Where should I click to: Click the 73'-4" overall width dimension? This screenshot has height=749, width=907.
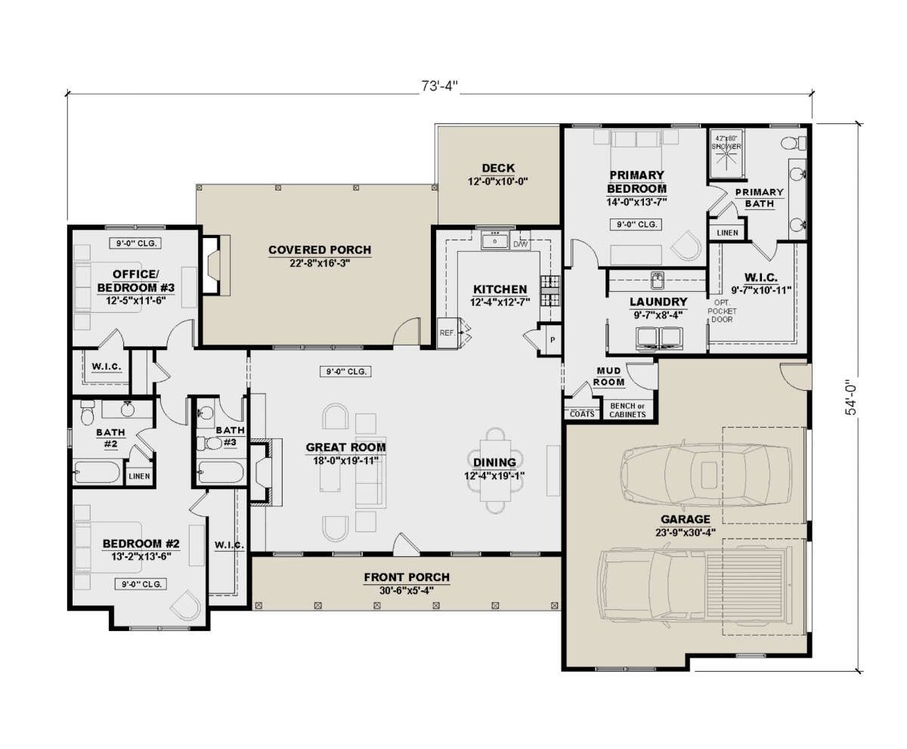click(x=439, y=86)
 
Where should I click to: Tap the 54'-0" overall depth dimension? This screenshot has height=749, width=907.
click(x=850, y=400)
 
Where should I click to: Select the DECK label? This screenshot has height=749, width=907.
click(x=498, y=168)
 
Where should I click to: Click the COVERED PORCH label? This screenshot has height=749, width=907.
click(x=320, y=250)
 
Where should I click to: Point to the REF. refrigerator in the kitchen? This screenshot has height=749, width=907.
click(x=447, y=333)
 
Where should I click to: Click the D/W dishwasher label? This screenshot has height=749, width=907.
click(x=521, y=244)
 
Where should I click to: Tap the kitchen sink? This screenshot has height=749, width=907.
click(x=494, y=240)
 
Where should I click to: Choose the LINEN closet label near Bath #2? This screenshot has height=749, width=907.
click(x=139, y=476)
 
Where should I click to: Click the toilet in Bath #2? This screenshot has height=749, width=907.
click(x=88, y=413)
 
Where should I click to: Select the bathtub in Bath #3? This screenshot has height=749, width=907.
click(x=221, y=472)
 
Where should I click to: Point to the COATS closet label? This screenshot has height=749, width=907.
click(x=582, y=414)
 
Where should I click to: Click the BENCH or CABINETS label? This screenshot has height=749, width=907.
click(x=627, y=410)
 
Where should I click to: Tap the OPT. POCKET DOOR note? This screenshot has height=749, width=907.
click(x=722, y=311)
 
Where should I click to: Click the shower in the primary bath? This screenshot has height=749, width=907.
click(x=726, y=153)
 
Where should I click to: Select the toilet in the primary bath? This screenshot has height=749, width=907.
click(x=794, y=143)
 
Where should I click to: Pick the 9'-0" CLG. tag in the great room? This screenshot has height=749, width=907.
click(x=345, y=371)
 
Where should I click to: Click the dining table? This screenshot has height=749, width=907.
click(x=495, y=471)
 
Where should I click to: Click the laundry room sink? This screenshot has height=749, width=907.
click(x=658, y=280)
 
